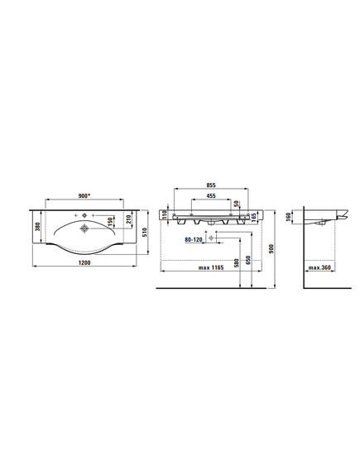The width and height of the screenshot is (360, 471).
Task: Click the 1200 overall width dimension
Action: pyautogui.click(x=84, y=263)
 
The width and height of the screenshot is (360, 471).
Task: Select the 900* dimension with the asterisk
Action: pyautogui.click(x=84, y=196)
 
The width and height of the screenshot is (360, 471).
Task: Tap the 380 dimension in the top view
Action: pyautogui.click(x=37, y=227)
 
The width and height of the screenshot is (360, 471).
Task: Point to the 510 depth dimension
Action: pyautogui.click(x=144, y=232)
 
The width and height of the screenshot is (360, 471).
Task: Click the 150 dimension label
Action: pyautogui.click(x=110, y=222)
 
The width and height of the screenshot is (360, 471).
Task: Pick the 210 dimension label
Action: pyautogui.click(x=128, y=219)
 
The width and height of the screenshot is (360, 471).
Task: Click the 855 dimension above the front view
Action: pyautogui.click(x=211, y=185)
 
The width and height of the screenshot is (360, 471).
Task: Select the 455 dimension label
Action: pyautogui.click(x=211, y=196)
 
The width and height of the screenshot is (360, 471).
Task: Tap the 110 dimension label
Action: pyautogui.click(x=164, y=214)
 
